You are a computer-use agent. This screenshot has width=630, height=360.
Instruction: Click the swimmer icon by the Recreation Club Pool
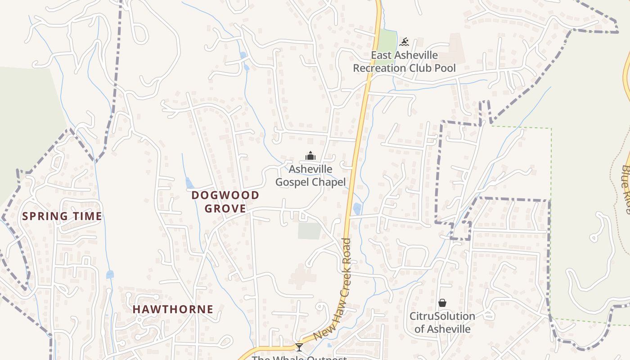(x=404, y=42)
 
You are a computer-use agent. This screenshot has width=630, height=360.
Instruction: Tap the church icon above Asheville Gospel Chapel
(x=310, y=156)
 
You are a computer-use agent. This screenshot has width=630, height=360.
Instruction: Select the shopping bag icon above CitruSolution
(x=442, y=303)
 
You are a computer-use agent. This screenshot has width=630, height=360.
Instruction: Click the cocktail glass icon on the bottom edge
(x=299, y=347)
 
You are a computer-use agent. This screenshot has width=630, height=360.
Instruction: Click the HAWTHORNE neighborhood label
(x=173, y=309)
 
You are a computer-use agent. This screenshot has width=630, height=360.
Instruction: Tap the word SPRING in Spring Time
(x=42, y=216)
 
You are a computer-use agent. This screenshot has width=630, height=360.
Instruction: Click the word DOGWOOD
(x=225, y=195)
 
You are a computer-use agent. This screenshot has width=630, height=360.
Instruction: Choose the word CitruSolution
(x=442, y=316)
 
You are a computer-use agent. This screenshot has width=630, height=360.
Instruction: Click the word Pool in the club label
(x=445, y=68)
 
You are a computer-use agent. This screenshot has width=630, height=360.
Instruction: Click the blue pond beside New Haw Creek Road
(x=357, y=208)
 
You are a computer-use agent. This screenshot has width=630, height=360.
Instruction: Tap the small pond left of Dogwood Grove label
(x=189, y=183)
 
